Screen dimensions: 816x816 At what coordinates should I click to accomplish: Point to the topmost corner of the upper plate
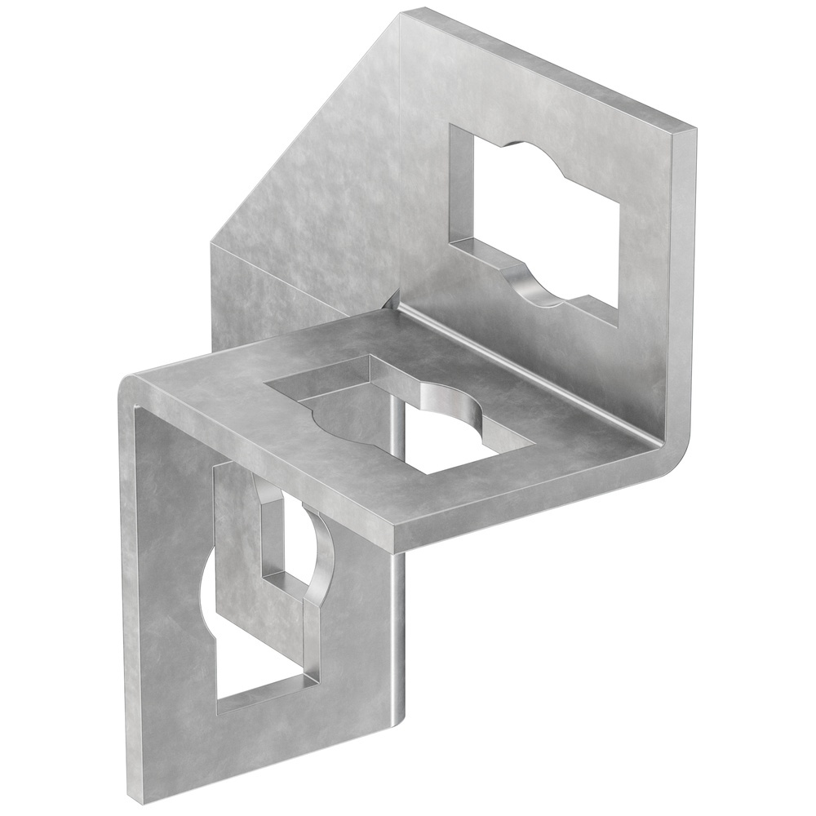pyautogui.click(x=408, y=10)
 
